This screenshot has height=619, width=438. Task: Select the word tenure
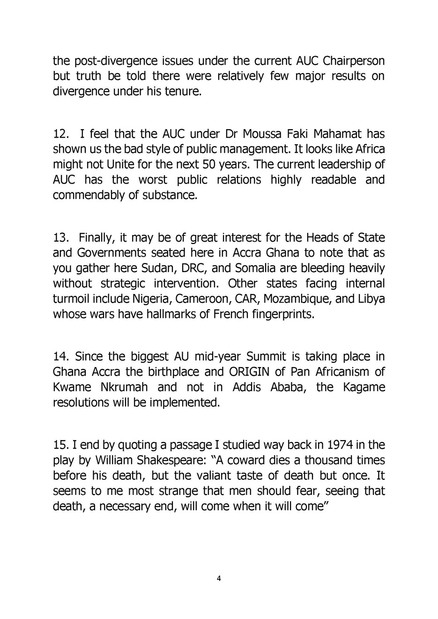184,91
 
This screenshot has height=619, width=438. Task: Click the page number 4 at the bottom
219,578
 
